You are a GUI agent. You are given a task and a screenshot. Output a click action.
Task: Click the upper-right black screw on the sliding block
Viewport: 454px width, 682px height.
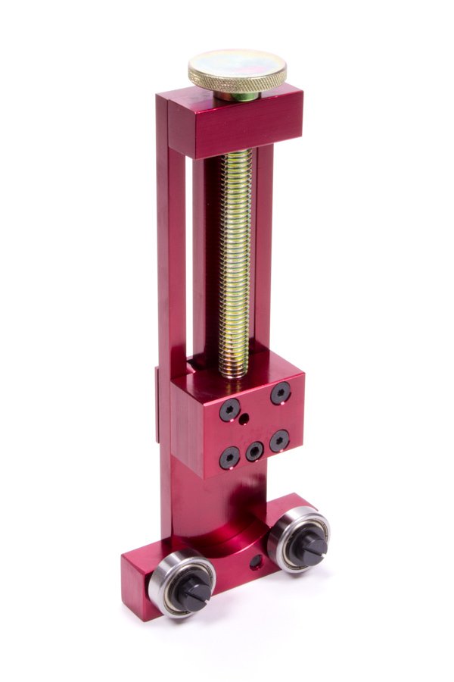[281, 393]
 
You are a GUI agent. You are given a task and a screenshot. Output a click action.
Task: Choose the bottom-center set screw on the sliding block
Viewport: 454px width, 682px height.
[255, 452]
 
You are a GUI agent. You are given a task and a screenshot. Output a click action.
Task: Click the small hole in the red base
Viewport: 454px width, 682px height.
[254, 562]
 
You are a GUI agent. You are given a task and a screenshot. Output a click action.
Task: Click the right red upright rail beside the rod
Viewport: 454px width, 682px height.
[263, 250]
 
